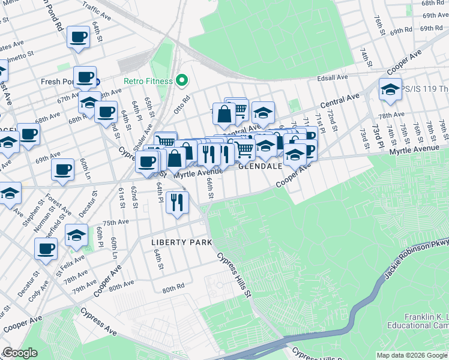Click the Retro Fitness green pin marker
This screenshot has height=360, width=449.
click(181, 81)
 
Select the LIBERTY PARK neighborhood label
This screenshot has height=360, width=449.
click(182, 242)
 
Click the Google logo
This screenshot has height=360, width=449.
click(20, 353)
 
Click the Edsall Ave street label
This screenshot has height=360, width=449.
click(334, 77)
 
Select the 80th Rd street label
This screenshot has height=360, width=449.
click(172, 289)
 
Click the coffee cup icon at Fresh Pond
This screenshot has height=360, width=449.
click(86, 77)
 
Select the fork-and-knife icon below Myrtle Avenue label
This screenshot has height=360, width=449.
click(176, 202)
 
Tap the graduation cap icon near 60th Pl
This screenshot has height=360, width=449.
click(76, 235)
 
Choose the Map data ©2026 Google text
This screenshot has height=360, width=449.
click(411, 355)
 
